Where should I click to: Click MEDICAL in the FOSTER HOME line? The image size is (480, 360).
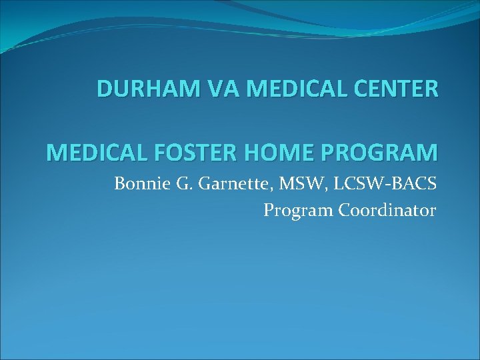96,153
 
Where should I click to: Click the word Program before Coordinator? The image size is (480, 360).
298,211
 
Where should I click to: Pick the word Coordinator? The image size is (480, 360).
387,211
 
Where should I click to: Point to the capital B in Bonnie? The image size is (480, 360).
120,183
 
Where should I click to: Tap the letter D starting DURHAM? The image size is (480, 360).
105,89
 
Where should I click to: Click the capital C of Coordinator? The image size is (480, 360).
345,211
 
